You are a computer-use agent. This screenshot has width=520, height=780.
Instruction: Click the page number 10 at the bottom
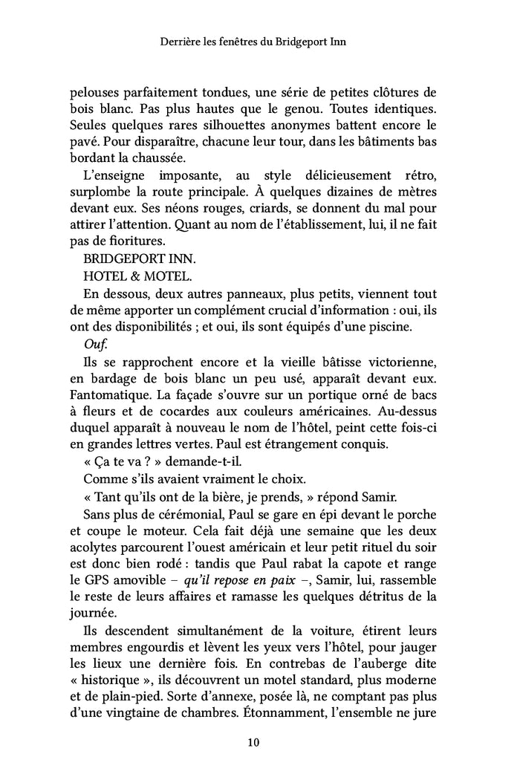(253, 742)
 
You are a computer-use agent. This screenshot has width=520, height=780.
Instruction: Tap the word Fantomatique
(105, 397)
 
